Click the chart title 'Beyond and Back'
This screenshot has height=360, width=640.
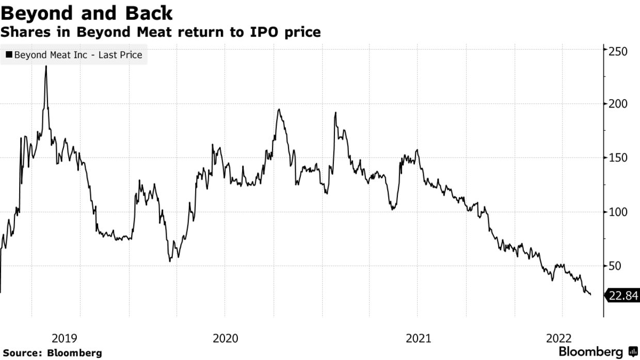point(87,12)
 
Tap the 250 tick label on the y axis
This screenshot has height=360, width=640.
point(617,51)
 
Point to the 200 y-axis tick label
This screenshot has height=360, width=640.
point(617,104)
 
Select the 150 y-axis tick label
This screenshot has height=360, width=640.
point(617,158)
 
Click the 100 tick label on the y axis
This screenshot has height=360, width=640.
point(617,212)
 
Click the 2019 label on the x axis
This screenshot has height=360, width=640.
point(65,338)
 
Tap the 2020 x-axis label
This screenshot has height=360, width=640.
point(226,338)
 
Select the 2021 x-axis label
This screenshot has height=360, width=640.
point(418,338)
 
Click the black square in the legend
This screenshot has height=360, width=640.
point(9,54)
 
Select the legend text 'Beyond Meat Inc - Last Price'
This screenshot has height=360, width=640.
point(78,54)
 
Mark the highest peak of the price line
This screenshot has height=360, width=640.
point(46,66)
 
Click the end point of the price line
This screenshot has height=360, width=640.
point(590,294)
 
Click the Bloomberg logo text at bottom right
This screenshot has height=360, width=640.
point(591,352)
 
